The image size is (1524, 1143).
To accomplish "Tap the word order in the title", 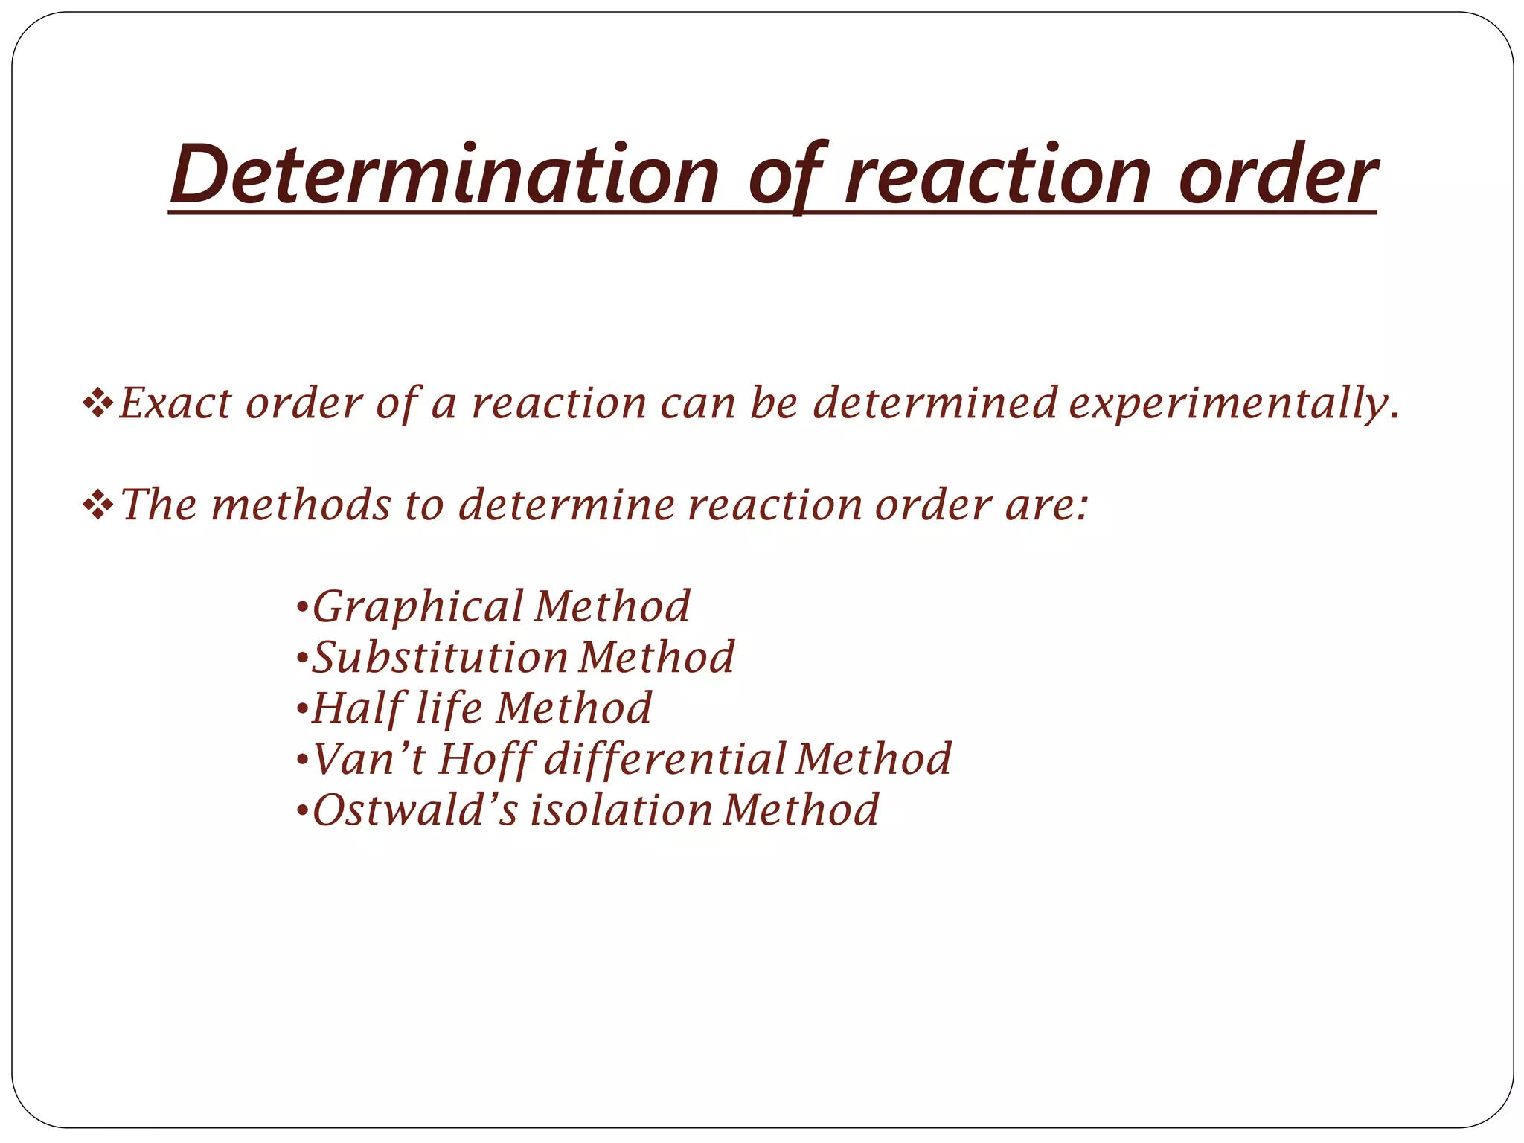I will (1278, 176).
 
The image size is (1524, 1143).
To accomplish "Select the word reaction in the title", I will (998, 176).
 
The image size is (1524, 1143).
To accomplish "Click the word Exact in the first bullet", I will (176, 404).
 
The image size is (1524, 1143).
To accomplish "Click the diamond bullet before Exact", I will (98, 405).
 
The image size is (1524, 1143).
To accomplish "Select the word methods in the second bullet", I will (301, 505).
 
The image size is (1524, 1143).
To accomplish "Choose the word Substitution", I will (439, 658).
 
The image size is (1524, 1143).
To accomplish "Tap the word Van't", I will (368, 760).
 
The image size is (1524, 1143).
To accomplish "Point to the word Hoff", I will (484, 761).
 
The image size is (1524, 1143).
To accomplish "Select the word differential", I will (665, 761).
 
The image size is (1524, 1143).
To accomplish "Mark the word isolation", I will (621, 810).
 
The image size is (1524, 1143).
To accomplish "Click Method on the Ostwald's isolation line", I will (801, 810).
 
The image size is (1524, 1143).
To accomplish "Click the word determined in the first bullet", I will (935, 404).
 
